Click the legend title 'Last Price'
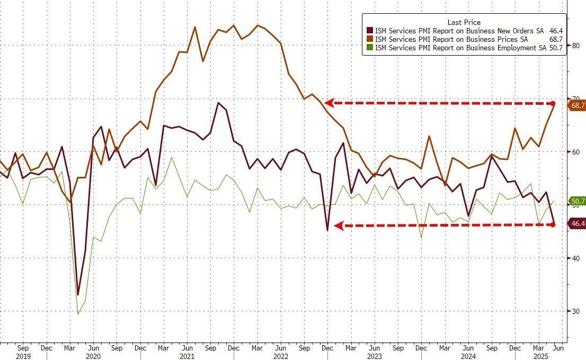pyautogui.click(x=464, y=22)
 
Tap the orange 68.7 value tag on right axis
pyautogui.click(x=578, y=105)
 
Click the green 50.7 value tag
pyautogui.click(x=578, y=201)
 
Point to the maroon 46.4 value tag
pyautogui.click(x=578, y=224)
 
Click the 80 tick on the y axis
pyautogui.click(x=575, y=46)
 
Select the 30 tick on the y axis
pyautogui.click(x=575, y=311)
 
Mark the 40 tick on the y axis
pyautogui.click(x=575, y=258)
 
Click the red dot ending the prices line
pyautogui.click(x=553, y=103)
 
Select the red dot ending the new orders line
pyautogui.click(x=553, y=224)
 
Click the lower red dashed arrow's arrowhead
pyautogui.click(x=337, y=226)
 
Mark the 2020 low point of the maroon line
pyautogui.click(x=78, y=294)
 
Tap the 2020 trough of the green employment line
pyautogui.click(x=78, y=314)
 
